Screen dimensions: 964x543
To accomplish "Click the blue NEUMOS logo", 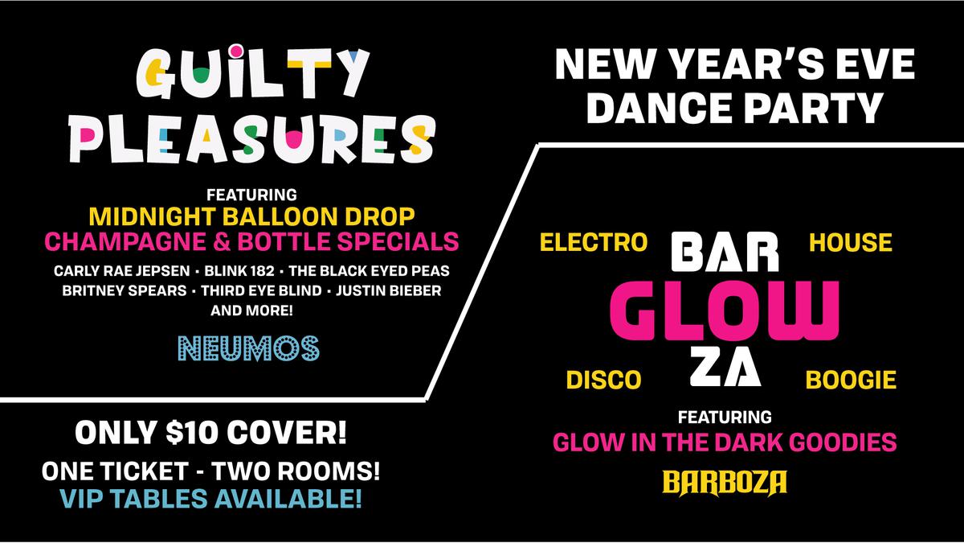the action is click(x=249, y=348).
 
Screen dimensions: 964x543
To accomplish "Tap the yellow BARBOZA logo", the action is click(x=725, y=483).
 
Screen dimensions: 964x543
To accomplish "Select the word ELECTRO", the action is click(x=594, y=242).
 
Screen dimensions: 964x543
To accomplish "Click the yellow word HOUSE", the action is click(x=851, y=242).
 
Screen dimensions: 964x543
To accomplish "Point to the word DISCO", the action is click(x=604, y=380).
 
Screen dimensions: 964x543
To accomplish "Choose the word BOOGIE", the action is click(x=851, y=380).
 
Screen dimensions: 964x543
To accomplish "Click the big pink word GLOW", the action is click(x=725, y=311).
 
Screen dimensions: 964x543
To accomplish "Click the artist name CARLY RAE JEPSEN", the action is click(x=122, y=271).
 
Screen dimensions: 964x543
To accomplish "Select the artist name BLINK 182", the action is click(x=239, y=271).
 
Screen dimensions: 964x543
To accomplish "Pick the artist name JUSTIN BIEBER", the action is click(x=389, y=291).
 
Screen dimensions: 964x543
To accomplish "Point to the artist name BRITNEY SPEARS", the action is click(x=125, y=291).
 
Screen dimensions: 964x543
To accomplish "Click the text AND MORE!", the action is click(x=251, y=311).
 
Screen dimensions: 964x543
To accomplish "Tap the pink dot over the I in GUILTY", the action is click(x=236, y=51).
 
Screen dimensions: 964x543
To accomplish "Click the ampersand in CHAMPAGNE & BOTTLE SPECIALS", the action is click(x=221, y=242).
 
